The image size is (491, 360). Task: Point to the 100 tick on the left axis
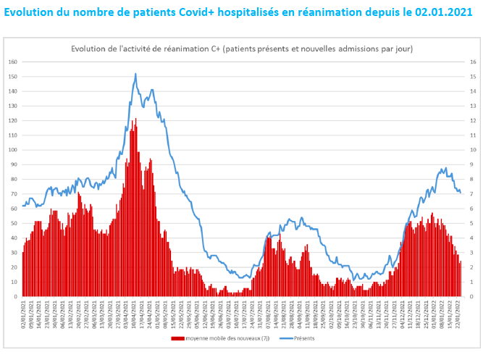(x=12, y=150)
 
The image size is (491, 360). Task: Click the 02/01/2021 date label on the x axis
(x=24, y=315)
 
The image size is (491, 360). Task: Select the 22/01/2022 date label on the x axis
(x=458, y=315)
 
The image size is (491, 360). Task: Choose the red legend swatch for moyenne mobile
(x=178, y=338)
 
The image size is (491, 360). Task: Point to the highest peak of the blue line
(x=135, y=74)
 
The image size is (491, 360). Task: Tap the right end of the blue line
(x=460, y=193)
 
